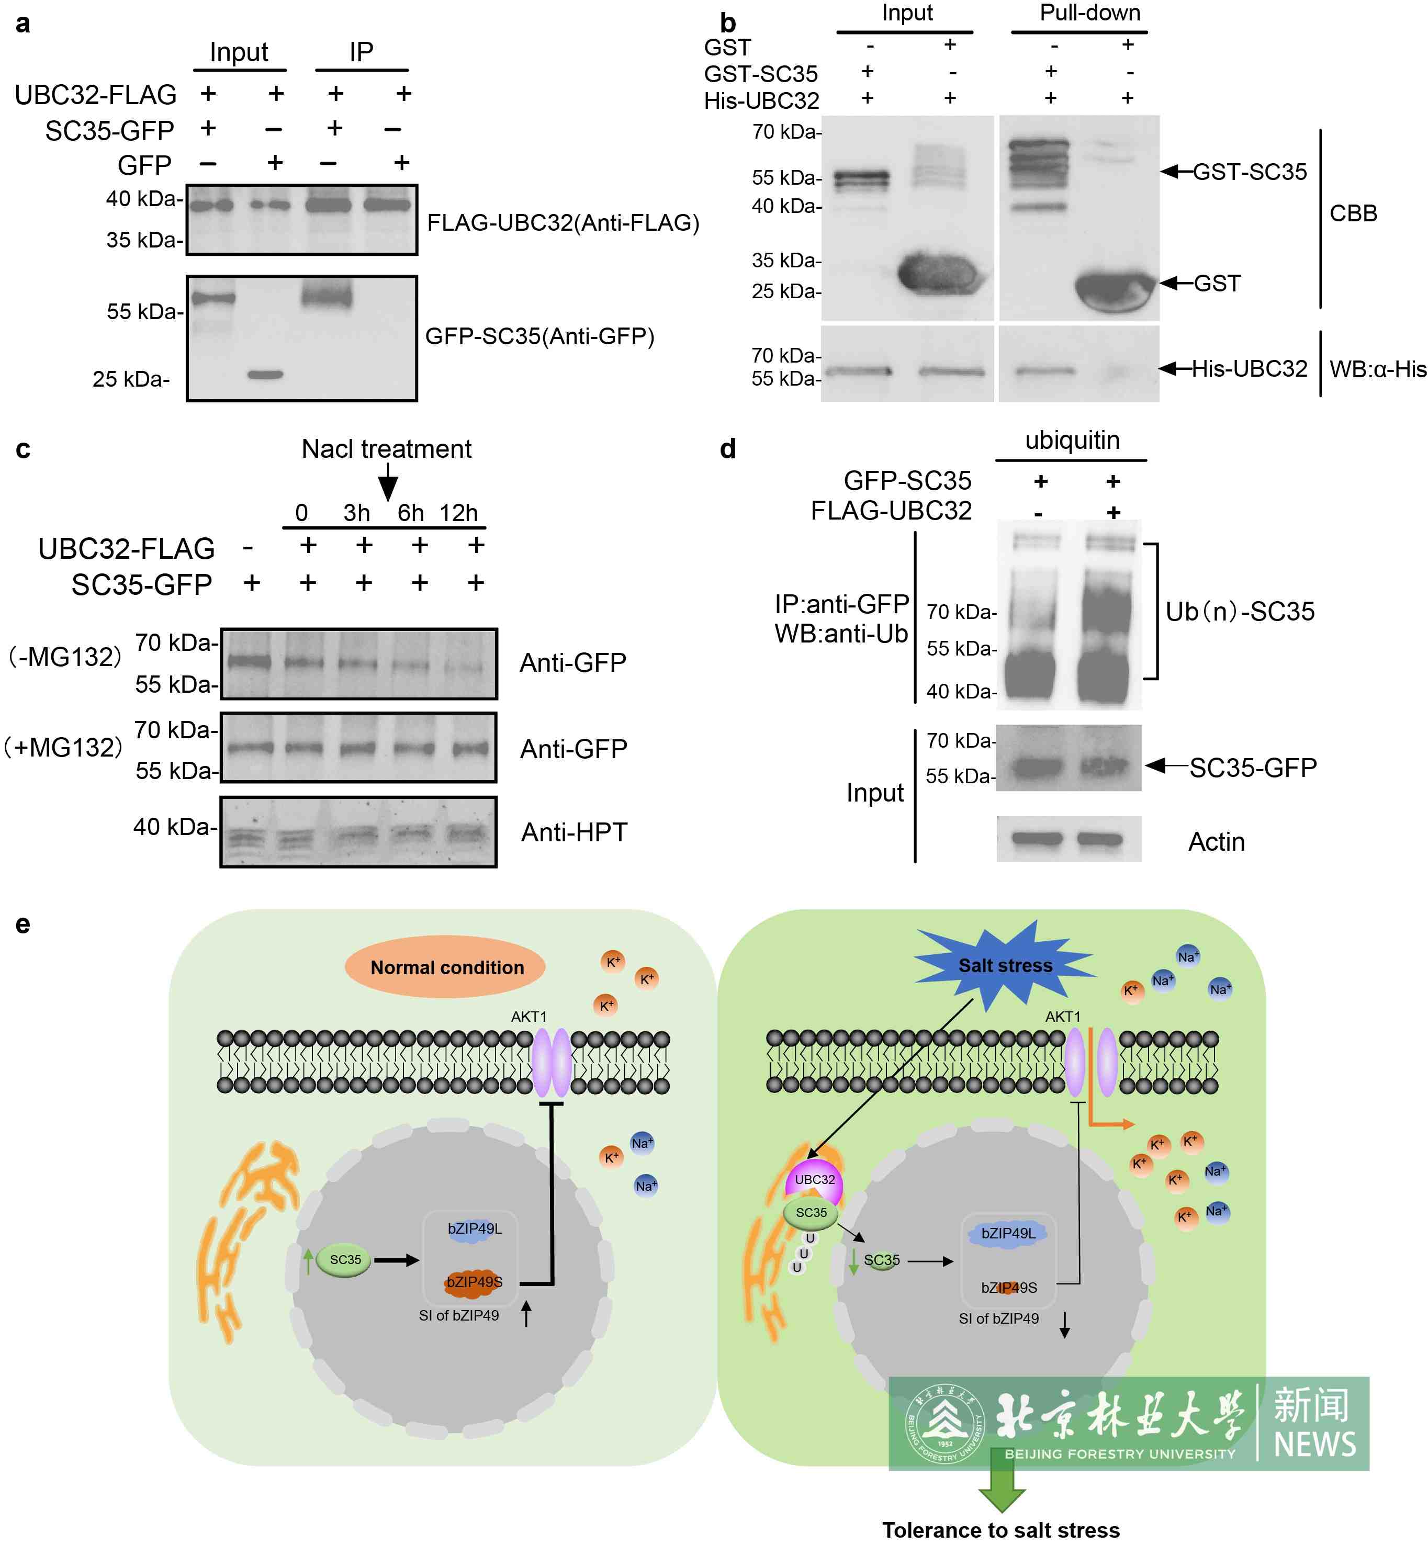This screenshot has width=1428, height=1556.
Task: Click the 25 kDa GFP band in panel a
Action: click(265, 375)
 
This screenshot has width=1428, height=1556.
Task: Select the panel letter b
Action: click(727, 23)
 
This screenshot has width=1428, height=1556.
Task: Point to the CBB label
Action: click(1353, 213)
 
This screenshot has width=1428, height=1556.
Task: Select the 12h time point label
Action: click(459, 513)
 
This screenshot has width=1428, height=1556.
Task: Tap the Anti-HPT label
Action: click(574, 832)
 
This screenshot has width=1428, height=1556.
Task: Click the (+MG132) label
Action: click(63, 747)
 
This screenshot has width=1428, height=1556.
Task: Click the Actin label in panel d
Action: click(1216, 841)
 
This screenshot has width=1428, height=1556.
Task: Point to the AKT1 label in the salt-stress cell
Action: click(1063, 1017)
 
